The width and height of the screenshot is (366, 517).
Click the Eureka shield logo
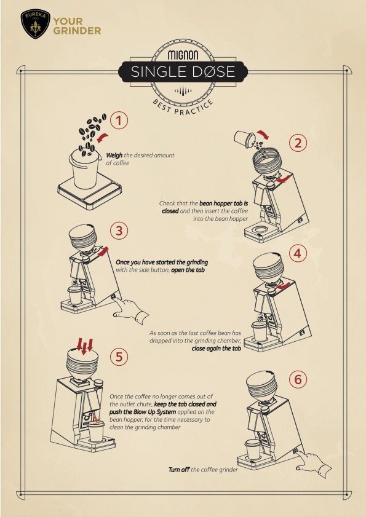tap(34, 24)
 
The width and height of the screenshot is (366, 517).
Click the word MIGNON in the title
tap(183, 53)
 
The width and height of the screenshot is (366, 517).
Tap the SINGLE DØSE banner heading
tap(183, 72)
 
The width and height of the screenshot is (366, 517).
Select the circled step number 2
tap(298, 143)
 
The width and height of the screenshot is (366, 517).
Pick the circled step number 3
tap(119, 231)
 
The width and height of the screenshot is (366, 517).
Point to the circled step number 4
tap(298, 253)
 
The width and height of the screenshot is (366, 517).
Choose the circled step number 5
tap(119, 356)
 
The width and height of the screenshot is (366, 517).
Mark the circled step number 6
tap(298, 379)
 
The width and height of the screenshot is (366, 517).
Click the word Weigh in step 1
tap(116, 156)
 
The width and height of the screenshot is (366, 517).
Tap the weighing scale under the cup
tap(87, 192)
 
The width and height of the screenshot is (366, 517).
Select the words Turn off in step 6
tap(179, 470)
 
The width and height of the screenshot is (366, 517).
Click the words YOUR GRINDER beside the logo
tap(77, 25)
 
